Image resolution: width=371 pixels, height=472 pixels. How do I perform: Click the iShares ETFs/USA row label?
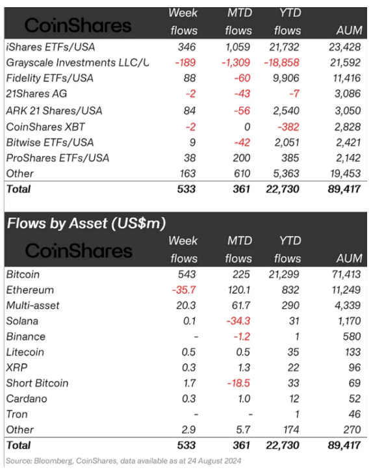tap(51, 47)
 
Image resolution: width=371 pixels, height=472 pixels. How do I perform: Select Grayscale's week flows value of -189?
tap(185, 62)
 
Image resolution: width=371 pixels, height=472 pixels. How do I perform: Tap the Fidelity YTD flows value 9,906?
tap(286, 78)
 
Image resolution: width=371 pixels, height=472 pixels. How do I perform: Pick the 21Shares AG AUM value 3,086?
tap(348, 94)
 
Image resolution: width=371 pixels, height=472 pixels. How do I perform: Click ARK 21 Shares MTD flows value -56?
tap(242, 111)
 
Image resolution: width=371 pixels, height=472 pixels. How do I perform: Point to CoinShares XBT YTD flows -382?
tap(288, 127)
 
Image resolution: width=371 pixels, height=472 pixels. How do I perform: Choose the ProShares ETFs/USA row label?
tap(58, 158)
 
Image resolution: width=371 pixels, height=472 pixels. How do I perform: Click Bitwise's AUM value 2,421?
tap(348, 142)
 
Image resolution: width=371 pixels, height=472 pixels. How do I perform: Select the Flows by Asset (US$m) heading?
tap(86, 224)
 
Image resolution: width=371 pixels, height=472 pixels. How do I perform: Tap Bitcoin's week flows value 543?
tap(186, 274)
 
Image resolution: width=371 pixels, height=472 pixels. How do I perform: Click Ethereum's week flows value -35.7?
tap(183, 290)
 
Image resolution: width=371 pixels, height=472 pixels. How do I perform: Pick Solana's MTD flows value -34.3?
tap(238, 321)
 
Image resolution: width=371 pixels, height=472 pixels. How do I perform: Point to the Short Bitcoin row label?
tap(37, 383)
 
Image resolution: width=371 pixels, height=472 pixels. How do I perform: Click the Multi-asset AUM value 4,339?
tap(348, 305)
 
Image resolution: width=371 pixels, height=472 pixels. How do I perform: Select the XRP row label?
tap(17, 367)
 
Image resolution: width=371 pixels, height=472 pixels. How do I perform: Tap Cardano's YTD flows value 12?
tap(294, 399)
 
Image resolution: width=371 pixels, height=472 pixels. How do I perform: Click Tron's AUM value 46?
tap(355, 414)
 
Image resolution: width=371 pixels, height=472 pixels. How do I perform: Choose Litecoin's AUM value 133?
tap(352, 352)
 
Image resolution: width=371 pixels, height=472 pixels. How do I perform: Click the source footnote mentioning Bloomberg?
tap(123, 461)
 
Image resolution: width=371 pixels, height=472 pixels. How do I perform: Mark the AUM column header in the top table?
tap(349, 31)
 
